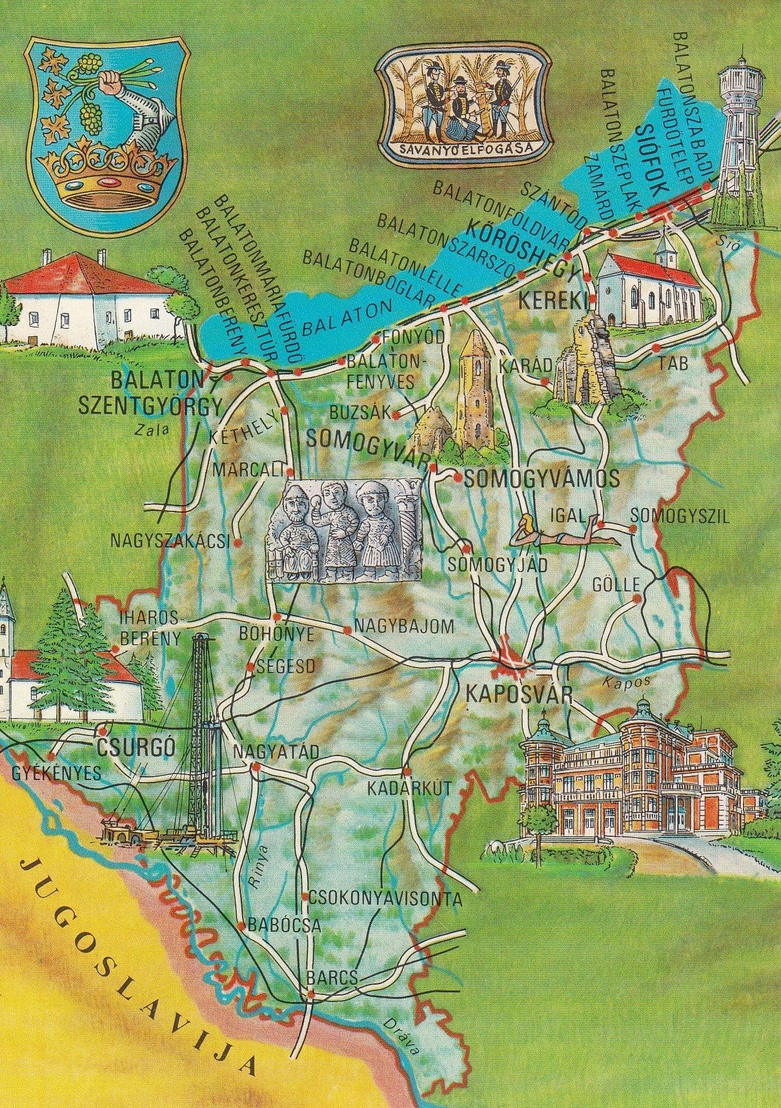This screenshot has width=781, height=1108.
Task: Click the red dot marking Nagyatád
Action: (x=256, y=767)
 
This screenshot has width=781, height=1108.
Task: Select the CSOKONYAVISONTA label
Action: (x=385, y=898)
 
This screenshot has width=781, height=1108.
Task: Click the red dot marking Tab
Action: (x=656, y=348)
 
